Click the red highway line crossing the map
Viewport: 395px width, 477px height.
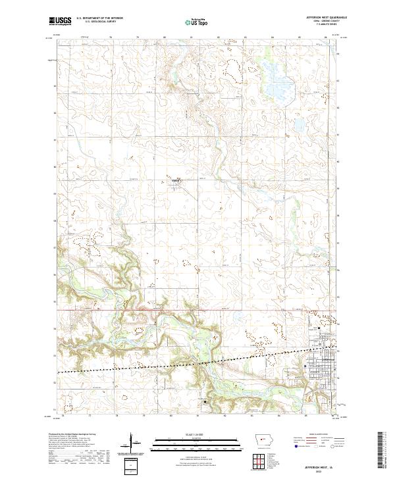click(197, 310)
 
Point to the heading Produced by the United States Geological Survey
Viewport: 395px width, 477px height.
click(78, 436)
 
